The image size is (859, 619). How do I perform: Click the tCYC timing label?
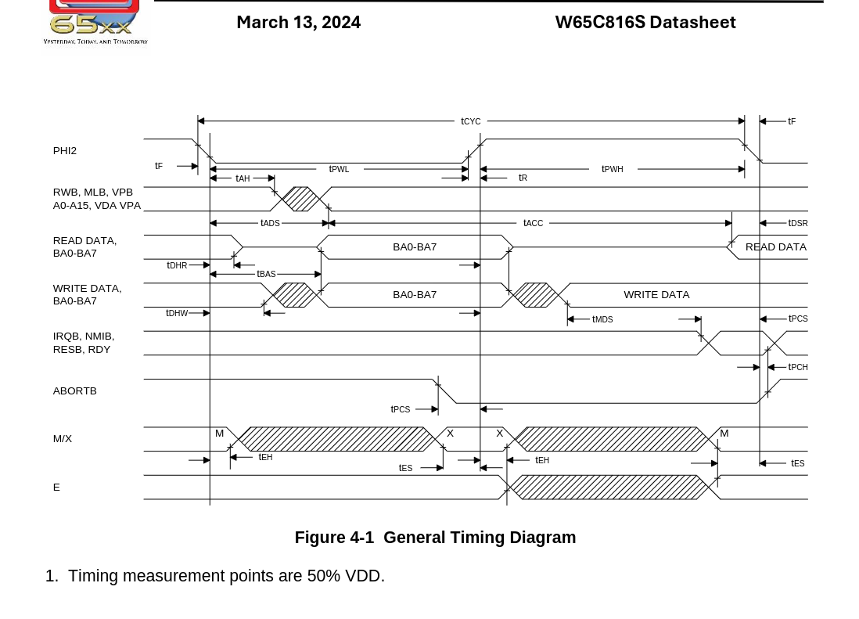coord(471,121)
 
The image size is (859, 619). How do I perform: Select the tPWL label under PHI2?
coord(339,169)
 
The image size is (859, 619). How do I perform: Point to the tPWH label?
coord(613,169)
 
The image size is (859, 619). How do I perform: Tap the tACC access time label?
coord(533,223)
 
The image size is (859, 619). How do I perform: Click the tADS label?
coord(270,223)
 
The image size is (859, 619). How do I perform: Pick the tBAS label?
coord(266,274)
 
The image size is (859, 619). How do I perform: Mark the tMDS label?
coord(602,319)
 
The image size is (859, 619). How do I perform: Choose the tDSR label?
coord(798,223)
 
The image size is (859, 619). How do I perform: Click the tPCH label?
coord(798,367)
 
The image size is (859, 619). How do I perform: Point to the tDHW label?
coord(177,313)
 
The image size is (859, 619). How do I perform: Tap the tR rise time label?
coord(523,178)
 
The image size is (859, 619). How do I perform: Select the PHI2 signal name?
coord(65,150)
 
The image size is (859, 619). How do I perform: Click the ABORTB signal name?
coord(75,390)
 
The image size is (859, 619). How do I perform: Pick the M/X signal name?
coord(63,438)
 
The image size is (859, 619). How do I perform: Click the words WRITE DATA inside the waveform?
coord(656,294)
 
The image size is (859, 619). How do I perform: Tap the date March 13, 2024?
coord(298,22)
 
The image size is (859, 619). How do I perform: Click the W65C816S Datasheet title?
coord(645,22)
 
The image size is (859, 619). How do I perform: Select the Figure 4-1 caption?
coord(435,538)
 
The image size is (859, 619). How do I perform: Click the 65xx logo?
coord(94,21)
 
